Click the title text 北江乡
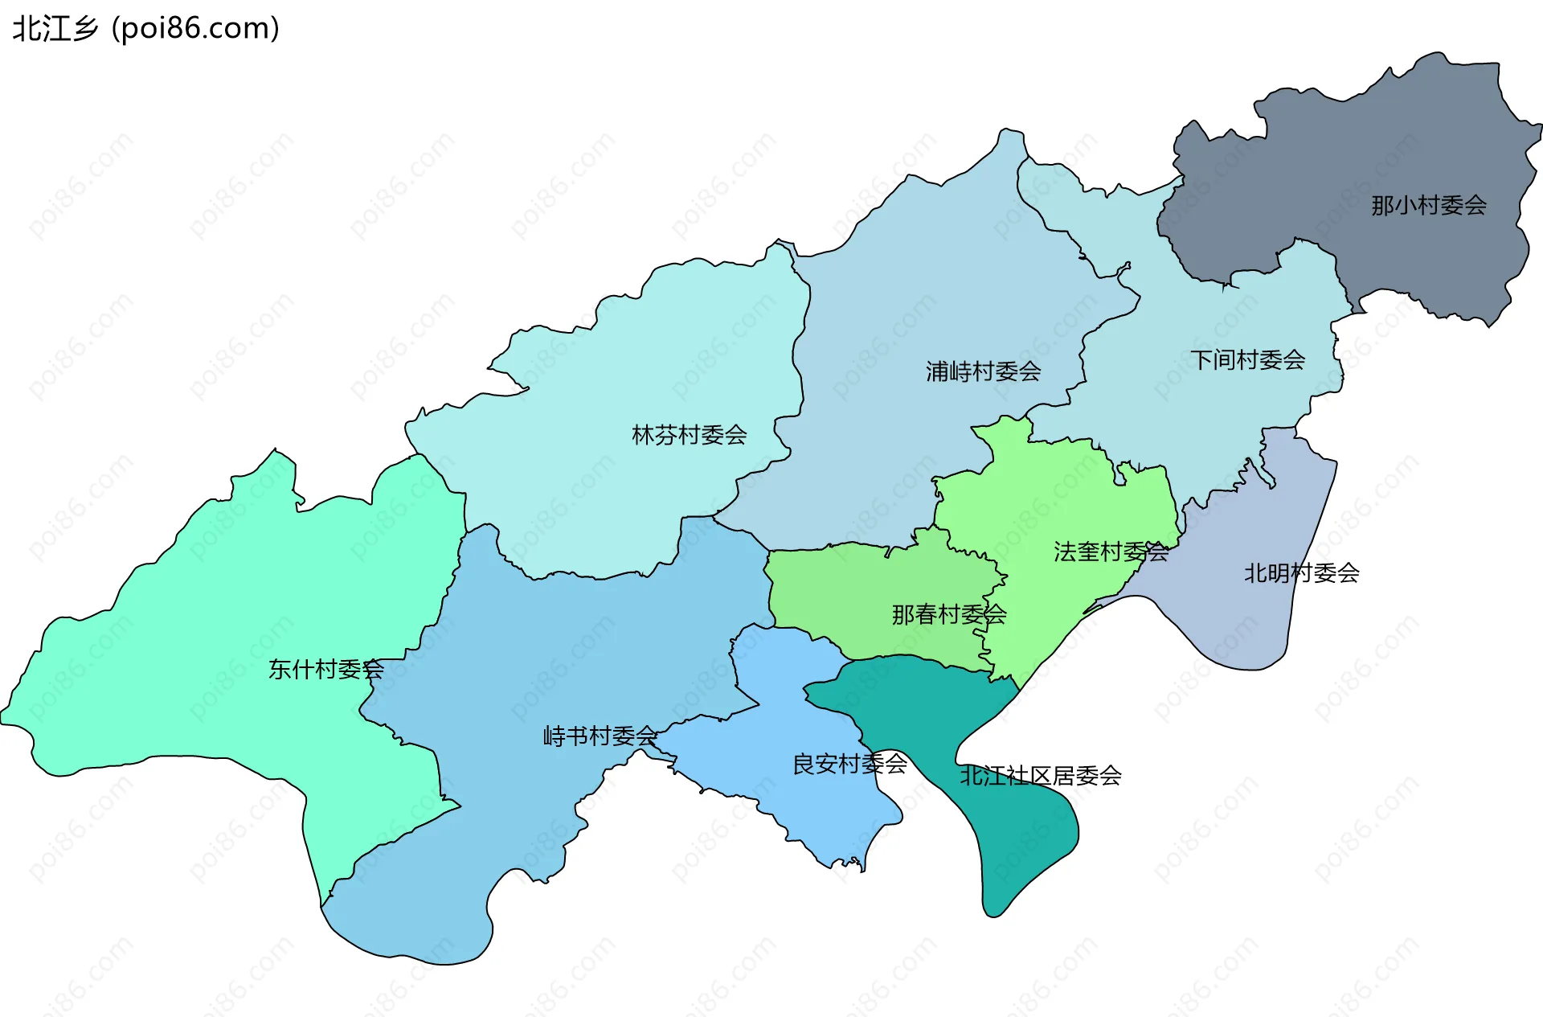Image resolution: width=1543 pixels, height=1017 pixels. (x=55, y=29)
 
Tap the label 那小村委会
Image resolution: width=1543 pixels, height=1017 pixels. (x=1428, y=206)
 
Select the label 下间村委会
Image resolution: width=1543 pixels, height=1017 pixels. (x=1247, y=360)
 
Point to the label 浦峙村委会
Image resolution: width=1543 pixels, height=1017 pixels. (x=983, y=371)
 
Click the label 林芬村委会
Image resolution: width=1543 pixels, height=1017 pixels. (x=689, y=436)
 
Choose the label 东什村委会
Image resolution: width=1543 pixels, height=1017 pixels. (x=325, y=669)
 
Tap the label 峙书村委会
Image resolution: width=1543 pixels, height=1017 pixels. (x=600, y=736)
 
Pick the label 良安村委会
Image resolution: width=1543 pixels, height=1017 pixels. (x=849, y=764)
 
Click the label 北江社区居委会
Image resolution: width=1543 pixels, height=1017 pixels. (x=1040, y=776)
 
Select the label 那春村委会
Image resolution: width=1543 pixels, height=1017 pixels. (x=948, y=615)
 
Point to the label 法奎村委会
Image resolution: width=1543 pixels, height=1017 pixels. (x=1111, y=552)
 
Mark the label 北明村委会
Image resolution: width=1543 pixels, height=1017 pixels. (x=1301, y=573)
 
